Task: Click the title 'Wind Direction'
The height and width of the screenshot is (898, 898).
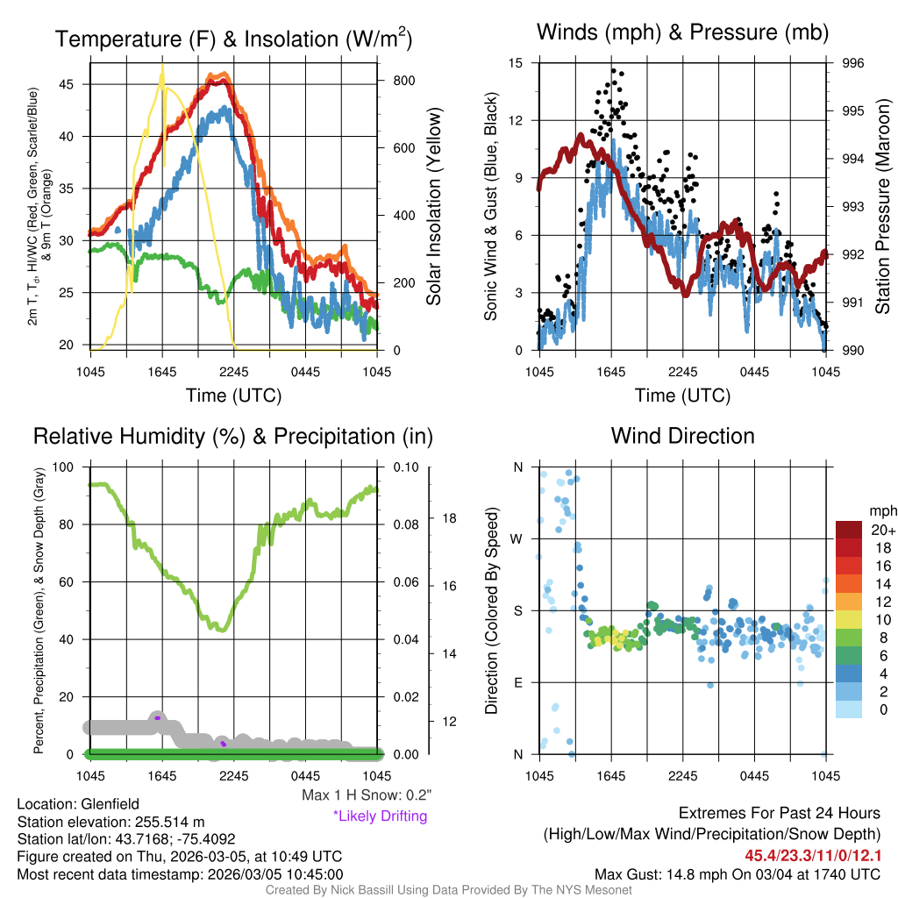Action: point(682,436)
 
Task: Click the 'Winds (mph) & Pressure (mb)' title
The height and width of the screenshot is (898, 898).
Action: point(682,33)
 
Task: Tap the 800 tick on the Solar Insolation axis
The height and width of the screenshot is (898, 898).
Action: point(403,80)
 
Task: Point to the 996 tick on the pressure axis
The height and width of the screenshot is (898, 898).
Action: point(853,63)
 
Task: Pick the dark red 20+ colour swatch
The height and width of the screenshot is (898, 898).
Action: point(850,530)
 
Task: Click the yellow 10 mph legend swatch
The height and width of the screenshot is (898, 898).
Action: point(850,619)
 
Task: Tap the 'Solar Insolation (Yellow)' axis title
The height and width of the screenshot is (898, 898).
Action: point(434,206)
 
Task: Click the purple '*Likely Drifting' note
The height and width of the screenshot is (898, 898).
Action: point(380,816)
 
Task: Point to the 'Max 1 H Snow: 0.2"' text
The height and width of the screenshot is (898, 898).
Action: point(366,795)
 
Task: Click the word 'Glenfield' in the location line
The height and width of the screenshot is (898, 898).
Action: point(110,804)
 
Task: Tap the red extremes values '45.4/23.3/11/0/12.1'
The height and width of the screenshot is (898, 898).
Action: point(813,855)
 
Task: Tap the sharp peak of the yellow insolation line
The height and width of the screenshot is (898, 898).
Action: point(162,64)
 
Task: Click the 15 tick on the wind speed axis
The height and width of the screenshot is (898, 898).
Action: point(516,63)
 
